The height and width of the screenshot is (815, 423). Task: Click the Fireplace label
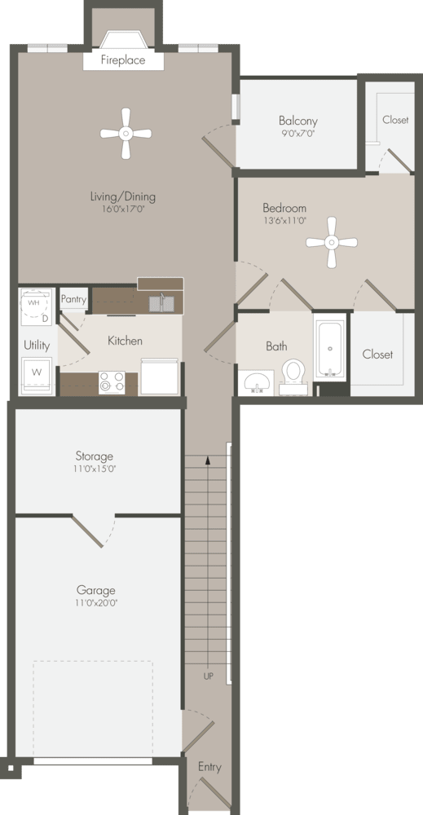(x=123, y=60)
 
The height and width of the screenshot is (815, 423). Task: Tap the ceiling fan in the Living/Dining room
(x=126, y=134)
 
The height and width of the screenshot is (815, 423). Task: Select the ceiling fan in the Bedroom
(x=332, y=242)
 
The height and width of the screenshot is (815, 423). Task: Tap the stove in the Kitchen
(x=112, y=382)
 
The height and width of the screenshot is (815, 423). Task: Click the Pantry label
(x=73, y=299)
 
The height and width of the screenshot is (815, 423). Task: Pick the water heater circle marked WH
(x=33, y=303)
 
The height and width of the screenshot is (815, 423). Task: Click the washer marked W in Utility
(x=37, y=373)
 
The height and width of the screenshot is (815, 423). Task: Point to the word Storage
(x=95, y=456)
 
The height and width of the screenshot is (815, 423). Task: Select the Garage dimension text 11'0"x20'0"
(x=95, y=603)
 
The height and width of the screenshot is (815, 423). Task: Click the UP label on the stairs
(x=209, y=676)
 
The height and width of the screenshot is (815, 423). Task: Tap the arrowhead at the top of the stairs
(x=209, y=460)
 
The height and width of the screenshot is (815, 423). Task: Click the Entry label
(x=209, y=767)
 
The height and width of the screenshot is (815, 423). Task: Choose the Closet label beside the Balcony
(x=395, y=120)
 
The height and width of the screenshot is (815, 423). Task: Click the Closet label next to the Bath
(x=377, y=355)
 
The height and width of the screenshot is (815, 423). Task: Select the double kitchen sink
(x=161, y=303)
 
